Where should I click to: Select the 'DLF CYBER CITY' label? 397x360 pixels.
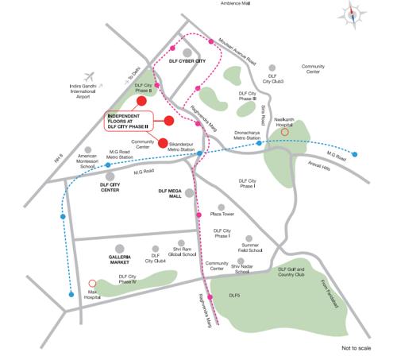187,60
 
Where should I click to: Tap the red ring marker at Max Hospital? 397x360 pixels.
91,282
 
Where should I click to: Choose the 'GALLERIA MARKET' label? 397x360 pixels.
123,259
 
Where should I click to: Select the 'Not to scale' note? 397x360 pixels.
357,348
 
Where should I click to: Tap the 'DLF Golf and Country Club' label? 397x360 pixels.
292,273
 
